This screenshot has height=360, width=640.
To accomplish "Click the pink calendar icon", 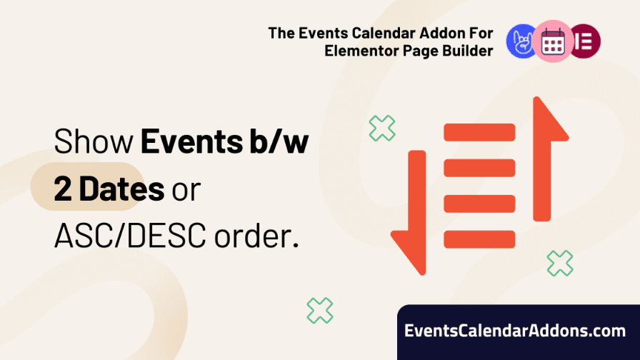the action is (x=553, y=41).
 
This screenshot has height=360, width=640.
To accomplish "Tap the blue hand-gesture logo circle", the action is (x=521, y=41).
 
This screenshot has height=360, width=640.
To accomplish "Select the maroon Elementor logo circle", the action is (x=585, y=41).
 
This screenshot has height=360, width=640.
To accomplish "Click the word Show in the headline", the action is (x=94, y=141).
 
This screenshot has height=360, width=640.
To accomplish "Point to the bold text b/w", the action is (x=279, y=141).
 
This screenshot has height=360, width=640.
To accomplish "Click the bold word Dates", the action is (x=121, y=189).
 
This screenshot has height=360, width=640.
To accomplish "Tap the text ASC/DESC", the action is (x=130, y=236).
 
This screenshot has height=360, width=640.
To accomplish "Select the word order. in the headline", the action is (x=256, y=236).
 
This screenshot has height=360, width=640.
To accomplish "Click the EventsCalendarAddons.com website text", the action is (x=515, y=331).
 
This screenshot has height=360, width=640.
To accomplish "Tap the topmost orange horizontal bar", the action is (x=479, y=132).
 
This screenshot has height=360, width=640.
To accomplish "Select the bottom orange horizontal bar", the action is (x=479, y=239).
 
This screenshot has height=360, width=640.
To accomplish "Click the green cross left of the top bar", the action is (x=382, y=128).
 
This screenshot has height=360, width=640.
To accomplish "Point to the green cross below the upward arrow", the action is (x=560, y=264).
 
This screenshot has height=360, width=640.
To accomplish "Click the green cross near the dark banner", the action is (x=320, y=311).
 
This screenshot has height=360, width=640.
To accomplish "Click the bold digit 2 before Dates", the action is (x=63, y=189).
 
